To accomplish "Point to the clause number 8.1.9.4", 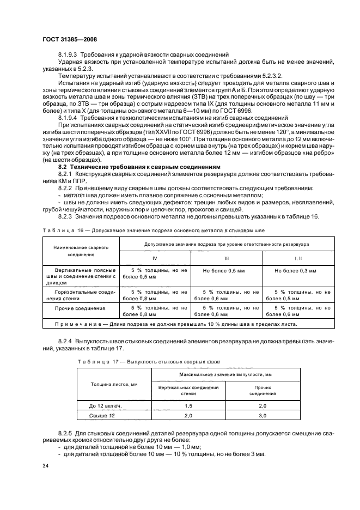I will point(68,118).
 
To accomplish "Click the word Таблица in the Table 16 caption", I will point(58,230).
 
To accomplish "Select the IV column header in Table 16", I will point(154,258).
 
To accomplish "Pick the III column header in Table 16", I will point(227,258).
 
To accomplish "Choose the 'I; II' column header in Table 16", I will point(297,258).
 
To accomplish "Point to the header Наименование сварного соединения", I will point(80,251).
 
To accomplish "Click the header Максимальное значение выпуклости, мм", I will point(225,375).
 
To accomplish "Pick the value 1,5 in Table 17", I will point(188,406).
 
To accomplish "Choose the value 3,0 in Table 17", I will point(263,416).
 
